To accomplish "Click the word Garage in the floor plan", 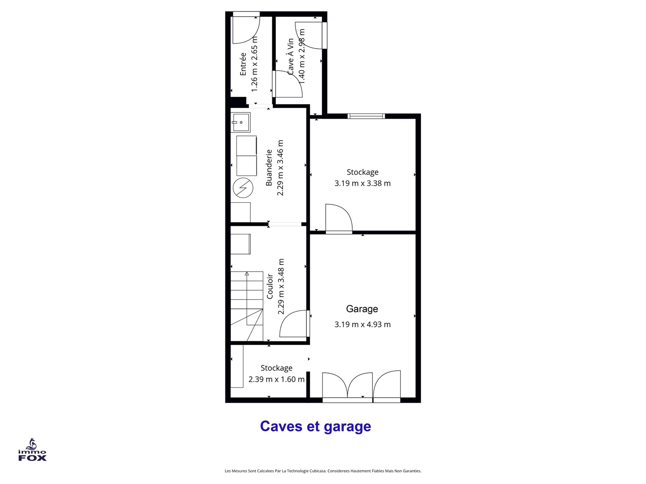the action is pos(362,309).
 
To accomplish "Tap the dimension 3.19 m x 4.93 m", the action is pos(362,324).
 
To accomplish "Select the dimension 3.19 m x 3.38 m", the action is pos(362,183).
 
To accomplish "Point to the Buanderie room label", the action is pos(269,168).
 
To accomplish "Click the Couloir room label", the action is pos(270,286).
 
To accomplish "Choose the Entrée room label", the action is pos(243,64).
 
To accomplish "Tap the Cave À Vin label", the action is pos(290,57).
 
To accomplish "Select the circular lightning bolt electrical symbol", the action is pos(243,188).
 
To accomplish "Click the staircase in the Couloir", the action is pos(246,306).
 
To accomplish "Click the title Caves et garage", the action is pos(315,426).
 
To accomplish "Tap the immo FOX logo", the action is pos(32,450).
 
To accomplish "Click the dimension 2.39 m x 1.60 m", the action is pos(276,379).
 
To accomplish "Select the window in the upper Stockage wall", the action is pos(366,116).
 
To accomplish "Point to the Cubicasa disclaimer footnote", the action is pos(323,471).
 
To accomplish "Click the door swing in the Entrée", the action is pos(246,29).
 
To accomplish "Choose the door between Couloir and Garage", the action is pos(295,323).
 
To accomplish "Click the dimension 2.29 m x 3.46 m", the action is pos(280,168).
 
